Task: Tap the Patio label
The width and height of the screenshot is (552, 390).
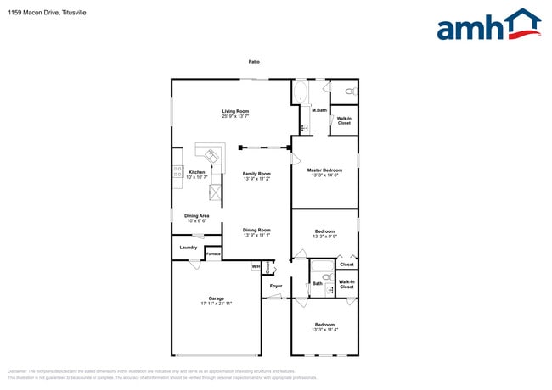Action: coord(254,62)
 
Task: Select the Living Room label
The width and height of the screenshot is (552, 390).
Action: coord(235,111)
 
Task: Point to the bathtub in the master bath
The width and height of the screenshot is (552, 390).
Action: coord(301,92)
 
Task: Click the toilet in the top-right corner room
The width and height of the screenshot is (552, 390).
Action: coord(349,90)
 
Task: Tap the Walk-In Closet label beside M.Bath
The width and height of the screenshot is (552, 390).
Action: coord(344,120)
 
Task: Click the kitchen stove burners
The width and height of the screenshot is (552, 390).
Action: coord(177,173)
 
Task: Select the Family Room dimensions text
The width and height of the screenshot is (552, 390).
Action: coord(256,179)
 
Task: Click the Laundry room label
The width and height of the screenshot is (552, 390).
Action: coord(189,248)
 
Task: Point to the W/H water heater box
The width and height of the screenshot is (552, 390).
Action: coord(255,267)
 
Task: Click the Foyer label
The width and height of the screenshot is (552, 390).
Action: coord(276,286)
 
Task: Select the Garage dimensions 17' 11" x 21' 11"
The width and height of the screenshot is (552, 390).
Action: coord(217,303)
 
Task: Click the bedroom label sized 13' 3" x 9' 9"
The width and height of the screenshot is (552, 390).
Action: coord(324,237)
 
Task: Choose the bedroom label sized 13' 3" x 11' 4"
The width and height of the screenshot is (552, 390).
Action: coord(324,330)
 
